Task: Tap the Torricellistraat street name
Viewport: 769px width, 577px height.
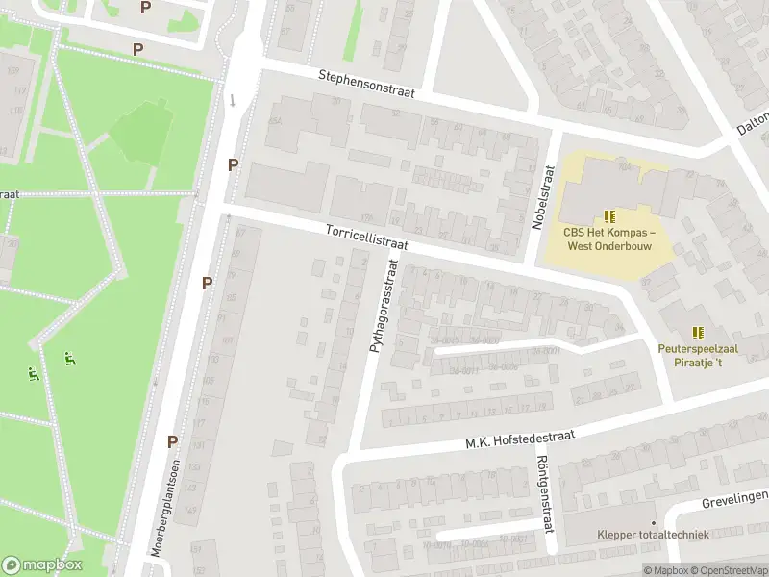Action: [366, 238]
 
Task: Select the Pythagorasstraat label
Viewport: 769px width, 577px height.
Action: [383, 304]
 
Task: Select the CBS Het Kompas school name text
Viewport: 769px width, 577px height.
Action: [609, 238]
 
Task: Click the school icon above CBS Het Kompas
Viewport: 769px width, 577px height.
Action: [609, 216]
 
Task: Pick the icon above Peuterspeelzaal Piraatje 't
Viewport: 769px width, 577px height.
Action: [697, 333]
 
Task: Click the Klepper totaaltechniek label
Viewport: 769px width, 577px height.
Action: [652, 534]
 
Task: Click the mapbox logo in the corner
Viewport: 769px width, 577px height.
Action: [42, 565]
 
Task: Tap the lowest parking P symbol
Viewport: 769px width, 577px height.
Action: [173, 441]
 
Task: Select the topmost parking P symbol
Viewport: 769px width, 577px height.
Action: [145, 7]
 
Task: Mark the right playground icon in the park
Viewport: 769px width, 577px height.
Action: [69, 359]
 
